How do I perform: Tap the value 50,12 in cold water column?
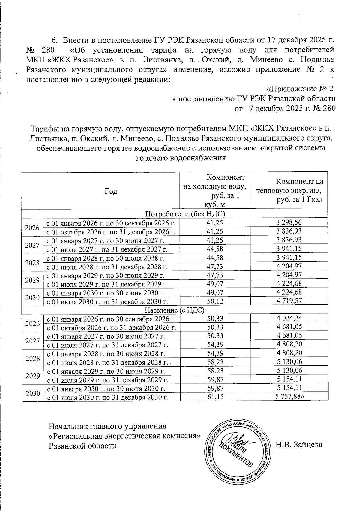[215, 301]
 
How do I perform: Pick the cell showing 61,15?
[215, 397]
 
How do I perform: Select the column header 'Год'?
[111, 191]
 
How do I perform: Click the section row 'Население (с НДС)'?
[175, 310]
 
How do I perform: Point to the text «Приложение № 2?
[300, 89]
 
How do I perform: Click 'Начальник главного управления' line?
[107, 426]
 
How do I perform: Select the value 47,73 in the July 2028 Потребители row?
[215, 266]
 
